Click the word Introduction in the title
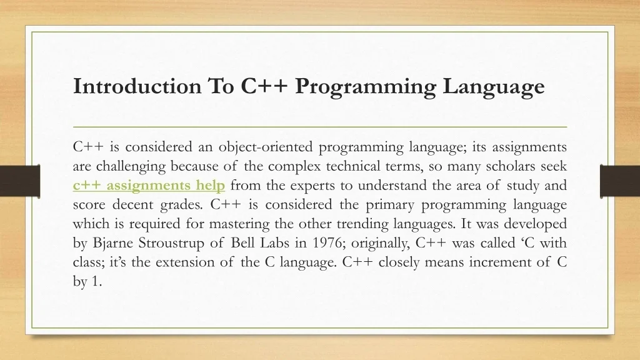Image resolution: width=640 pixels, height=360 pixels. coord(137,86)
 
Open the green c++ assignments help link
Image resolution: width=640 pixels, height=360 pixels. coord(149,186)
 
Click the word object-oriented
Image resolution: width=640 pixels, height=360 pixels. coord(266,147)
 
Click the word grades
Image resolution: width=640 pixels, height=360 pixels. coord(181,205)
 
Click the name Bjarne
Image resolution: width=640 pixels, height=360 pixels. coord(112,243)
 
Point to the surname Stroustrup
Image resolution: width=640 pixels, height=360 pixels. coord(171,243)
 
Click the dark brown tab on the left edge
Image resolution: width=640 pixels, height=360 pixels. coord(20,181)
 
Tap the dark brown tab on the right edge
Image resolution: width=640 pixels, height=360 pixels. coord(620,181)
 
